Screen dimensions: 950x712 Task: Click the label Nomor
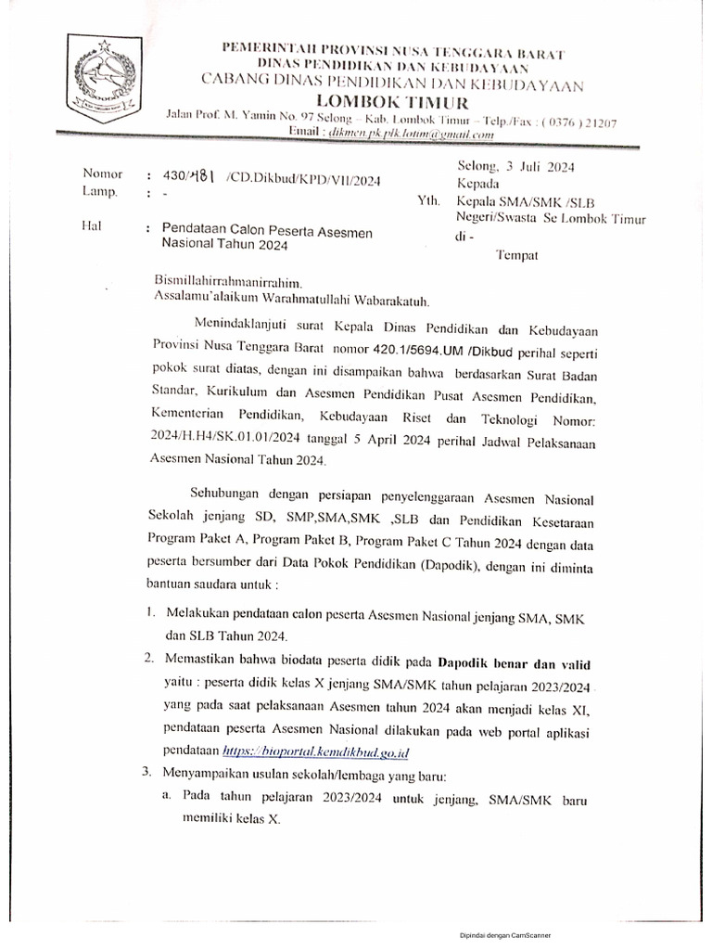coord(102,173)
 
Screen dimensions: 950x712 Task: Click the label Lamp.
coord(101,192)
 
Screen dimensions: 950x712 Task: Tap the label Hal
coord(94,227)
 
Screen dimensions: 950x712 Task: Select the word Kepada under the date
coord(481,185)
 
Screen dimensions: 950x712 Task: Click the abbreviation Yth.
coord(428,201)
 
